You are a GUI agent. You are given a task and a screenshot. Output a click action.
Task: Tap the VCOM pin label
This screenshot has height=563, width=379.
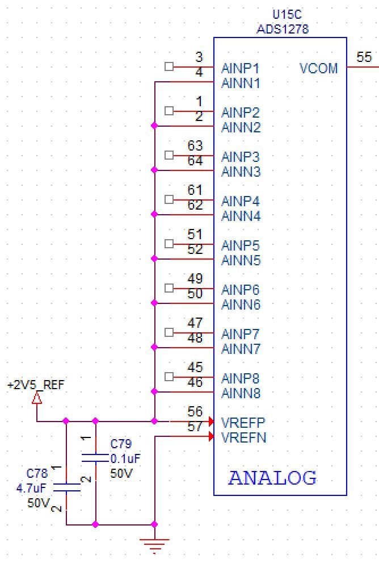click(x=318, y=69)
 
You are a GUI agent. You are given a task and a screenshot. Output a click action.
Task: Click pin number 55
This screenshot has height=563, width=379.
click(x=364, y=57)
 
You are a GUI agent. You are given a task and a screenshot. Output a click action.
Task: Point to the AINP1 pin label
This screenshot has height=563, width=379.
click(x=241, y=69)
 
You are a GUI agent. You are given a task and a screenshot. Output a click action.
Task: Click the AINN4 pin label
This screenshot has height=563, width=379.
click(x=241, y=216)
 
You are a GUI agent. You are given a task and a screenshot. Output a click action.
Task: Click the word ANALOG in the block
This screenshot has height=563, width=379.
click(x=272, y=478)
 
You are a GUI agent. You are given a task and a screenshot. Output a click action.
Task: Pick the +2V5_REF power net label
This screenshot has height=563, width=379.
click(x=36, y=385)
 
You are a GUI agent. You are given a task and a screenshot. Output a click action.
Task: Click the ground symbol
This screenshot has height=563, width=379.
click(x=154, y=546)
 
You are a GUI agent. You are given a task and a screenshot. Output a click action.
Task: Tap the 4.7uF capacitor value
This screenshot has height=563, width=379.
click(x=31, y=488)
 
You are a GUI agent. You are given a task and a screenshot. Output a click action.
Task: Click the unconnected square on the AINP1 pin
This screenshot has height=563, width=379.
click(x=169, y=66)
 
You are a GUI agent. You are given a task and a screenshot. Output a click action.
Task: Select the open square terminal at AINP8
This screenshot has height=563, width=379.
click(x=169, y=377)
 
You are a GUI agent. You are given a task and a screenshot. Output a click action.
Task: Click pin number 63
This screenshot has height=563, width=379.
click(x=195, y=147)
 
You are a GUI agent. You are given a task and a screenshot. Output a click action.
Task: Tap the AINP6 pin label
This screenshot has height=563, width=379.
click(x=241, y=290)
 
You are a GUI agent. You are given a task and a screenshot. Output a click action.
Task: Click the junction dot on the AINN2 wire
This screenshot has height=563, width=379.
click(x=154, y=126)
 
